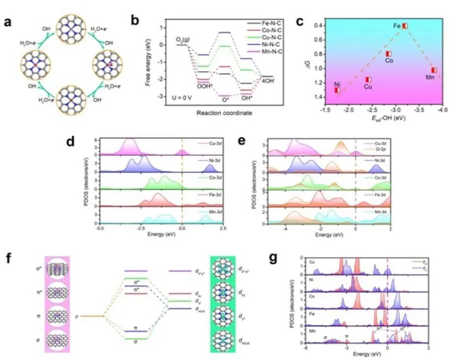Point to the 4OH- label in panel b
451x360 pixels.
268,81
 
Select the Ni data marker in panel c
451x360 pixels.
338,90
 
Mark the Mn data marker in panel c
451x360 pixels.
434,71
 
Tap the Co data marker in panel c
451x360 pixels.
389,54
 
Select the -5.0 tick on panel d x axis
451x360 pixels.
100,228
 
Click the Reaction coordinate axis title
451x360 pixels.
218,113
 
